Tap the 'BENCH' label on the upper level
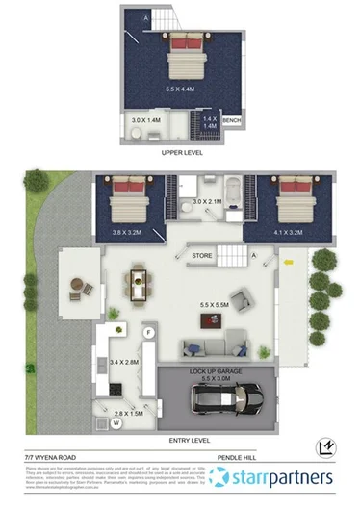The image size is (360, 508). [233, 121]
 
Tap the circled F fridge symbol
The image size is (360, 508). [149, 332]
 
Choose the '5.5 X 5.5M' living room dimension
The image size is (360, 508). [214, 306]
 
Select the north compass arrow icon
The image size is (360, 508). [325, 445]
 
